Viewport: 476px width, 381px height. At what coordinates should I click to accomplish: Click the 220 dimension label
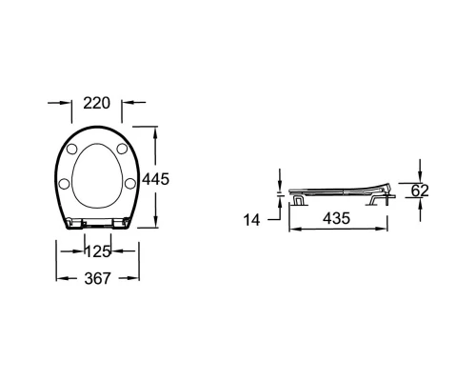tap(96, 103)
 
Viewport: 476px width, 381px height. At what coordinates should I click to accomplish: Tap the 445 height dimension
tap(155, 179)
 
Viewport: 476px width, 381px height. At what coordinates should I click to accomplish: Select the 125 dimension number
tap(98, 251)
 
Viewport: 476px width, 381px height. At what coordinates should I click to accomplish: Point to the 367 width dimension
tap(97, 278)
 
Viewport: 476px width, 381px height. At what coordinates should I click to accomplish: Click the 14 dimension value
tap(251, 220)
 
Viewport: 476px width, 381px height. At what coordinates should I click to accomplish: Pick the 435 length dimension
tap(336, 218)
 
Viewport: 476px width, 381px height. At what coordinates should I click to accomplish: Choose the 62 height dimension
tap(420, 190)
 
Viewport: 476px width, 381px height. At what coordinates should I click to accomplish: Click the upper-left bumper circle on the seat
tap(71, 149)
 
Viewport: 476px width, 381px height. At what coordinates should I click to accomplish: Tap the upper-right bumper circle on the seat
tap(122, 149)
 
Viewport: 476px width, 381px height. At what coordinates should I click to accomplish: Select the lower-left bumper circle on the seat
tap(65, 184)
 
